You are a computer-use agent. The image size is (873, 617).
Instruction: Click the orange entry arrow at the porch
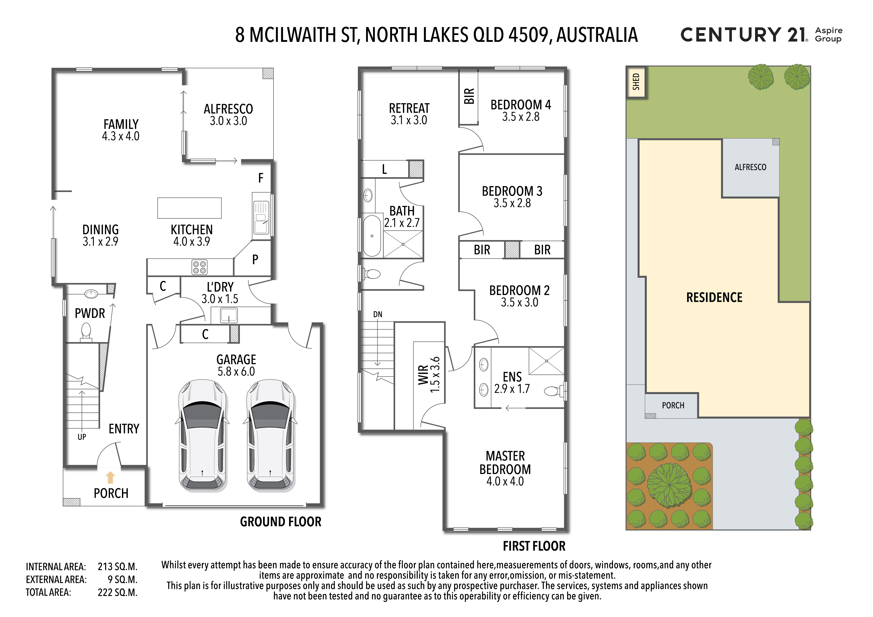coord(110,477)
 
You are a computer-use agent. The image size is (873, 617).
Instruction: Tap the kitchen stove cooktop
coord(200,267)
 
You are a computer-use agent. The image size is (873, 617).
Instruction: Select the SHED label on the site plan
coord(636,82)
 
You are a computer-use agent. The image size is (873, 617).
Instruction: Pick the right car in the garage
coord(271,435)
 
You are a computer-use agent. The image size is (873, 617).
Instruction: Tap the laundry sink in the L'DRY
coord(229,315)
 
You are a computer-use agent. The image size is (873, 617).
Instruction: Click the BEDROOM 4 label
coord(521,105)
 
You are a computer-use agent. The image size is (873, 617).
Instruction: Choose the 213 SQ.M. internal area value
coord(117,567)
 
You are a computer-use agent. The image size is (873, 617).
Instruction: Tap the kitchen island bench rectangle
coord(189,208)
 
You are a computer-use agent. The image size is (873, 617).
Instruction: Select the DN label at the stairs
coord(378,314)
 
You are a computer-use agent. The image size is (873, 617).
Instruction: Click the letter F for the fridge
coord(261,178)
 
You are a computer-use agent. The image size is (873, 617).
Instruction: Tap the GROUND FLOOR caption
coord(281,521)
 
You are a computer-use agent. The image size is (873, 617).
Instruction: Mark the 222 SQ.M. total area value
coord(117,593)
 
